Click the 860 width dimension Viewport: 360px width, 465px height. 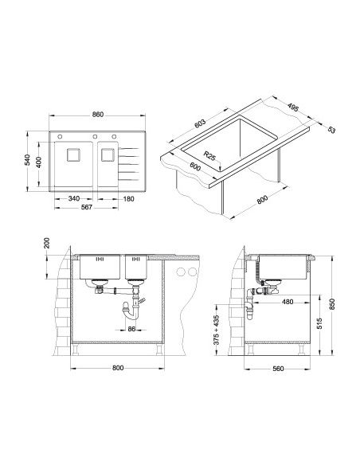tap(98, 115)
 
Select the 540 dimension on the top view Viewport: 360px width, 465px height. tap(27, 160)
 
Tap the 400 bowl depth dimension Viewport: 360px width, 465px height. tap(39, 162)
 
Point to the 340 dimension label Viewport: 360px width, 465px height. tap(74, 198)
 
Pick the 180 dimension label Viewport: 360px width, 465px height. tap(129, 199)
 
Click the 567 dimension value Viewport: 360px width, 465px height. tap(87, 207)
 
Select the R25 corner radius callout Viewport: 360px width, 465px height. tap(209, 155)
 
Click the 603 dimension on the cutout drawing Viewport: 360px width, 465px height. tap(200, 123)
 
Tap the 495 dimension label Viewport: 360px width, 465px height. tap(292, 107)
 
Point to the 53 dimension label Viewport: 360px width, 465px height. tap(332, 130)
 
